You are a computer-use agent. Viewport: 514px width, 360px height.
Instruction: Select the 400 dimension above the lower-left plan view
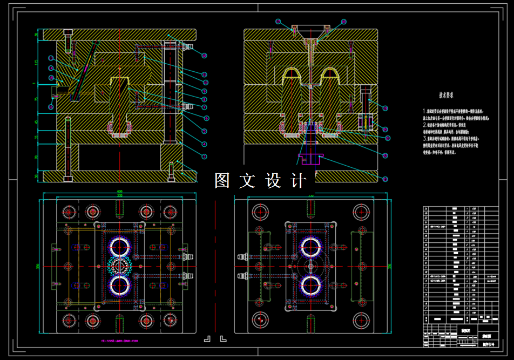119,192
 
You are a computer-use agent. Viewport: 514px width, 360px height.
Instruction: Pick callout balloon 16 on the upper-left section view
51,107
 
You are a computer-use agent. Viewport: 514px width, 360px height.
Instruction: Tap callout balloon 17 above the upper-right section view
278,22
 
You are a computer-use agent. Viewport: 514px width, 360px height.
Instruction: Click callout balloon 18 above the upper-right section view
343,22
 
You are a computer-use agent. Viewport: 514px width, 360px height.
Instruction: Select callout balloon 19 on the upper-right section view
384,108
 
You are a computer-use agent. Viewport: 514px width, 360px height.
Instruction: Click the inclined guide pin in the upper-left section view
85,70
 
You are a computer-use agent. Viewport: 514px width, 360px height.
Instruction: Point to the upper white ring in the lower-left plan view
120,247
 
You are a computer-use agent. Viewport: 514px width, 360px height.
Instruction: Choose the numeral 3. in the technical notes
424,138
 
